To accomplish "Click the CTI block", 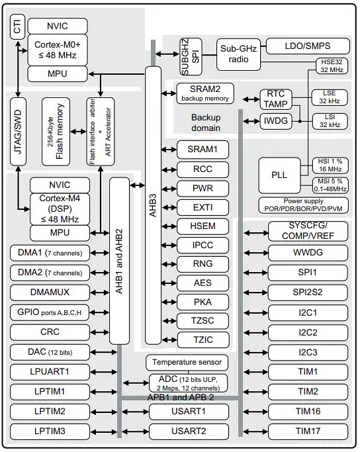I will [17, 28].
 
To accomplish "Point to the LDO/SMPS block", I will [307, 46].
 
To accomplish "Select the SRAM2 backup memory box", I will [204, 93].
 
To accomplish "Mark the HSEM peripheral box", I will [203, 226].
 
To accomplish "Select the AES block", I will [203, 283].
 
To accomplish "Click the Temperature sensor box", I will [188, 362].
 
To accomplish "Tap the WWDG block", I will [308, 253].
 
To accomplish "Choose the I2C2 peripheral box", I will [308, 332].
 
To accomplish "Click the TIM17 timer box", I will [308, 431].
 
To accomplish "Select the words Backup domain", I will [206, 122].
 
